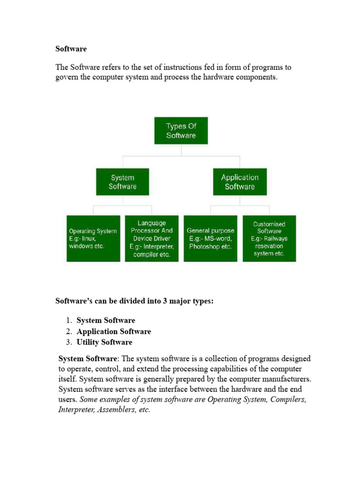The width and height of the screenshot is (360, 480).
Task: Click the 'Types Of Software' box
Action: [x=181, y=130]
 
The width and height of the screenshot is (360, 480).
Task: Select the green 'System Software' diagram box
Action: [x=122, y=182]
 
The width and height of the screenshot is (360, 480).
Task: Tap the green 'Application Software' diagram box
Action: [x=240, y=182]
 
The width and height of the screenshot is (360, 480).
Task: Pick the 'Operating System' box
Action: [x=93, y=238]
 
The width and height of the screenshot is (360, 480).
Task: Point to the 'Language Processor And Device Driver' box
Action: [x=151, y=238]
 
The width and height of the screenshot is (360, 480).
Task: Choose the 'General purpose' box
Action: [x=210, y=238]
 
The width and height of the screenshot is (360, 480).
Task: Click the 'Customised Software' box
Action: [x=269, y=238]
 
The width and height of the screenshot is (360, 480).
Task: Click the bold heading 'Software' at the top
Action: [x=71, y=49]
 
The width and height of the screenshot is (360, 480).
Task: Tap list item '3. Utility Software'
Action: [x=104, y=342]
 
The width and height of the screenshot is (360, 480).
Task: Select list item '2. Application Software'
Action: [x=113, y=331]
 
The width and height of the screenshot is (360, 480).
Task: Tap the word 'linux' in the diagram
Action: [x=102, y=239]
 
